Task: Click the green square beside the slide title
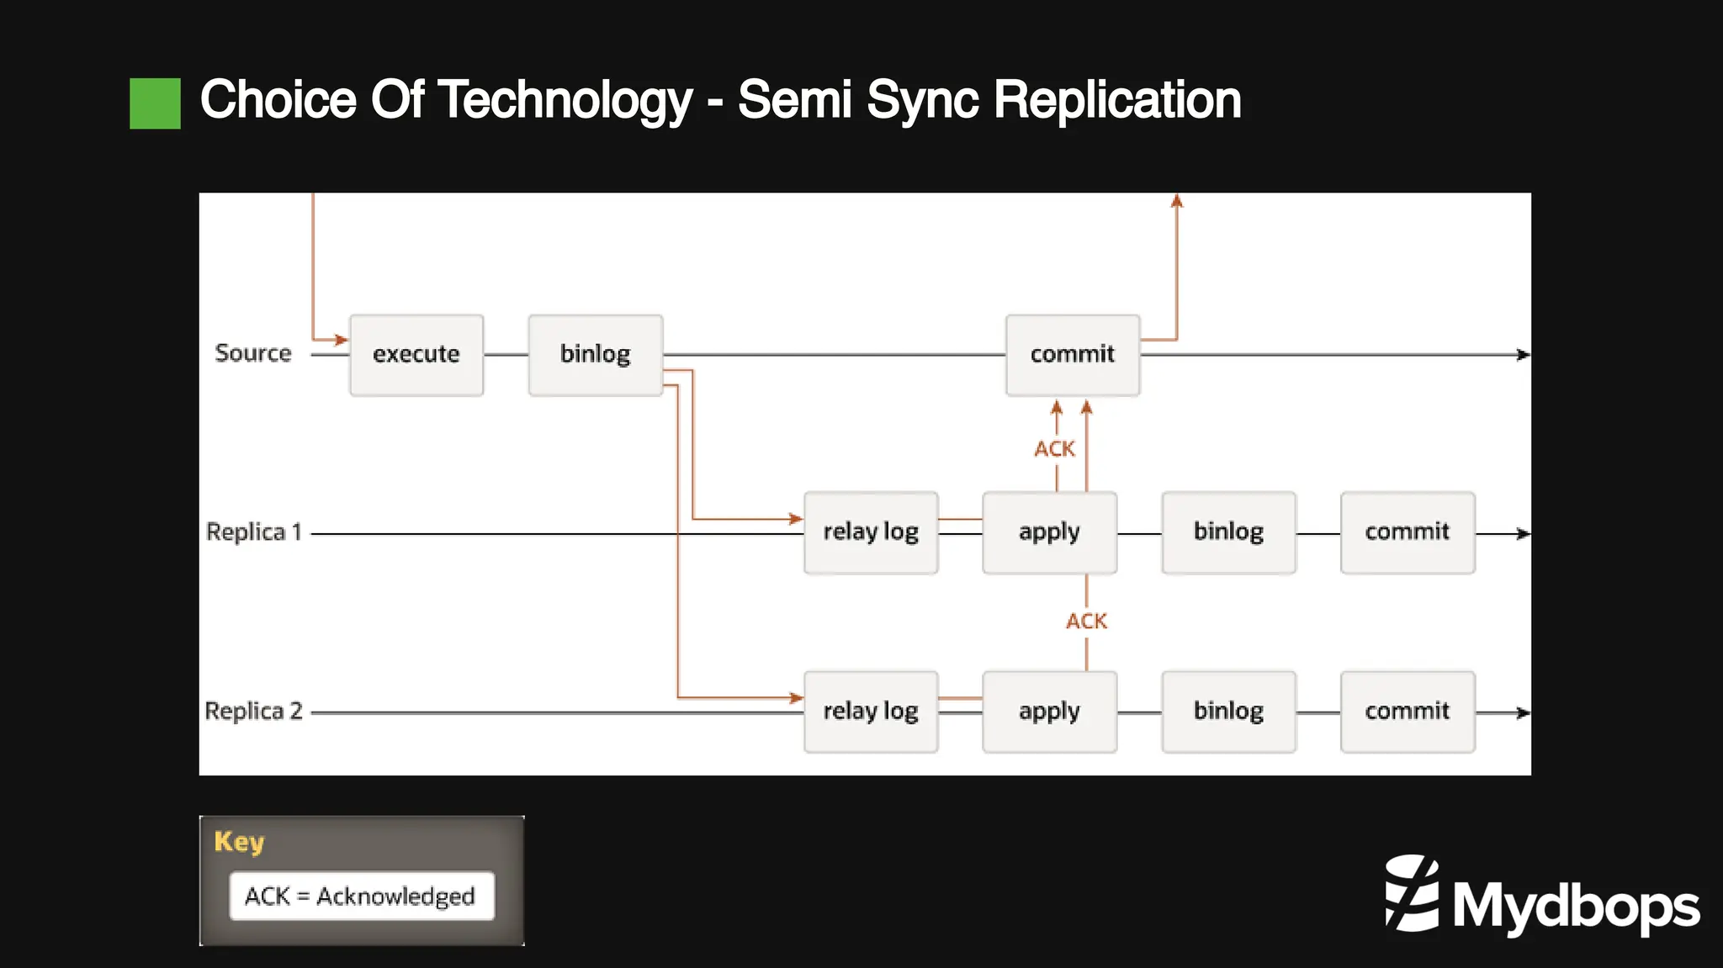tap(155, 103)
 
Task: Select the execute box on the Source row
tap(416, 355)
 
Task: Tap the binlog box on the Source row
tap(595, 355)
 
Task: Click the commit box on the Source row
tap(1073, 355)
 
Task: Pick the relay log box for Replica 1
tap(871, 532)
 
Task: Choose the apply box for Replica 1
tap(1049, 532)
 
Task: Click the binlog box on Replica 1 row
tap(1228, 532)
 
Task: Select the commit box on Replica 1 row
tap(1408, 532)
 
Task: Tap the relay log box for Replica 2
tap(871, 711)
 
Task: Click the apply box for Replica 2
tap(1049, 711)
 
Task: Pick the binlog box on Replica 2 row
tap(1228, 711)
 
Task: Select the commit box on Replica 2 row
tap(1408, 711)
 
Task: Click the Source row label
tap(252, 353)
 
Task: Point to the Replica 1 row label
tap(253, 532)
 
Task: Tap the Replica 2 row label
tap(253, 711)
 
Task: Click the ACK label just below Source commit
tap(1054, 449)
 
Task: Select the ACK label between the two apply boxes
tap(1086, 622)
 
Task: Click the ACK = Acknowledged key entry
tap(361, 897)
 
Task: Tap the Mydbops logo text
tap(1575, 907)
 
